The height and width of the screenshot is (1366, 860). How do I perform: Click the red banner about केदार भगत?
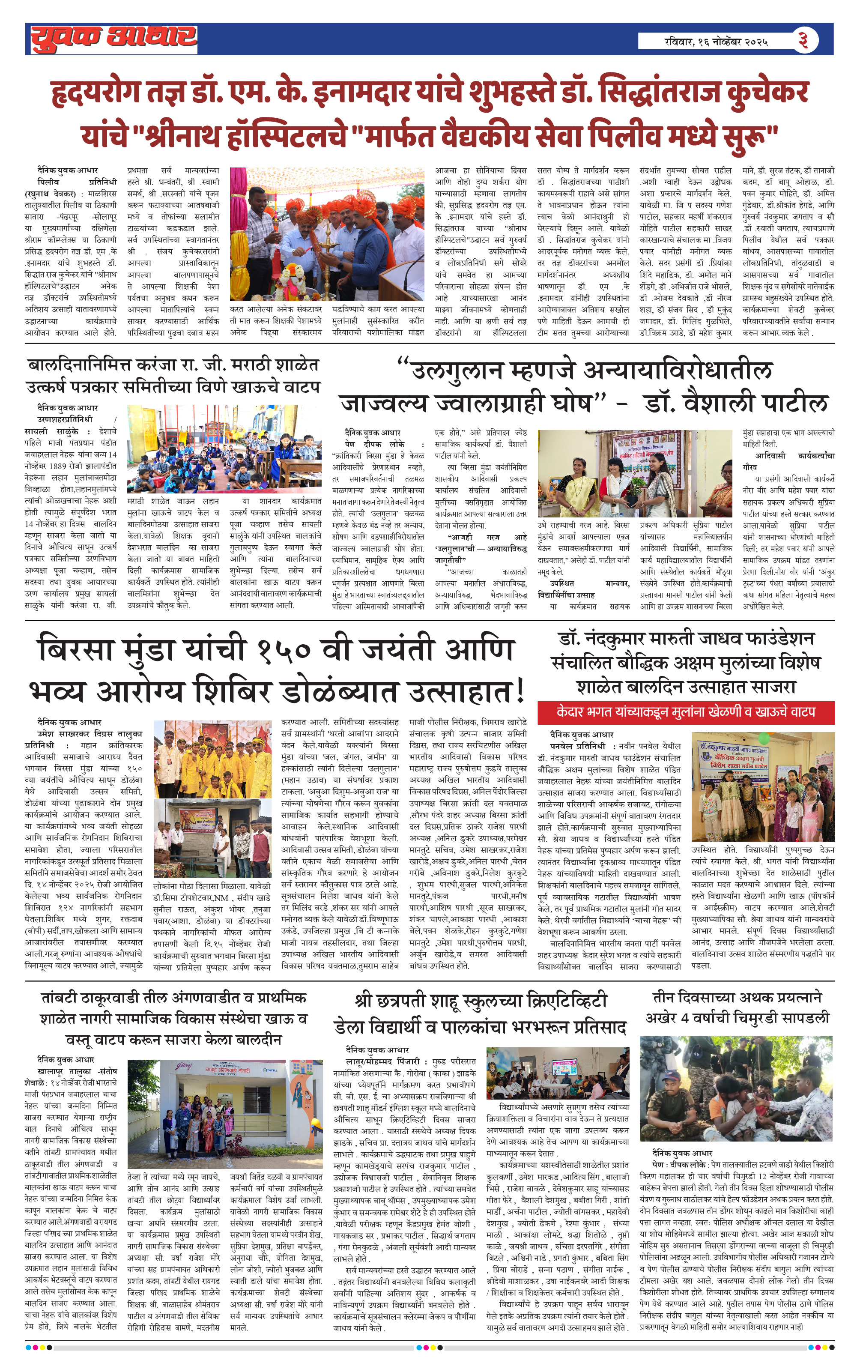click(x=685, y=711)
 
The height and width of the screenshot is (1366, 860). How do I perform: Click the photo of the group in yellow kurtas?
click(x=212, y=757)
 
